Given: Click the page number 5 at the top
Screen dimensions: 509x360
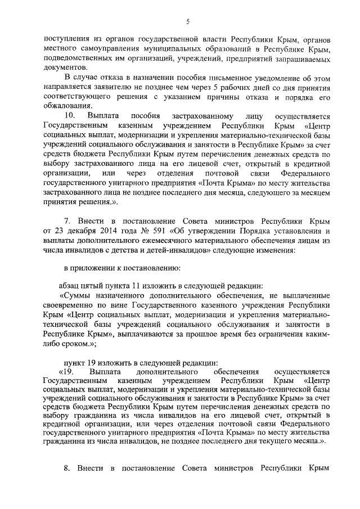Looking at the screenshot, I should (x=188, y=22).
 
